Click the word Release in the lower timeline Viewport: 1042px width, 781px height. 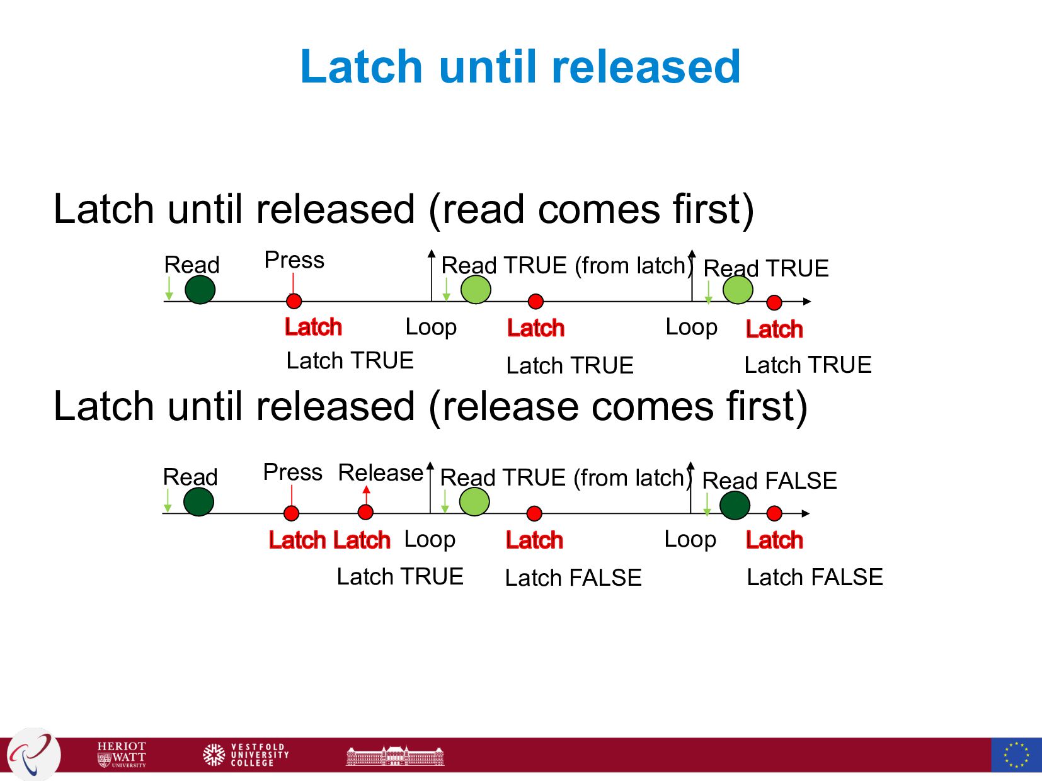[381, 472]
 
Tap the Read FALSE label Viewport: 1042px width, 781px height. [769, 481]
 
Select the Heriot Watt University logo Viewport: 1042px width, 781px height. [122, 754]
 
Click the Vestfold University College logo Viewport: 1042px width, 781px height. [246, 754]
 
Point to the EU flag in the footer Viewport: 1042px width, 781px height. [1016, 755]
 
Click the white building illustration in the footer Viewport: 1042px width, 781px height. [395, 755]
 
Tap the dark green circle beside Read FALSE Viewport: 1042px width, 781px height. [735, 505]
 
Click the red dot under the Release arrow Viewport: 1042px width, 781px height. [365, 513]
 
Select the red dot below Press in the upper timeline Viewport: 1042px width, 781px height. [294, 301]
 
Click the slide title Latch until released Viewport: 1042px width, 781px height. [520, 67]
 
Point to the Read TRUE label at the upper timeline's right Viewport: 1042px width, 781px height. [765, 268]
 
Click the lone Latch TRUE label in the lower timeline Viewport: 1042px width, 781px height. [400, 576]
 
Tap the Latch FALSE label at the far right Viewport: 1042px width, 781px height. [815, 577]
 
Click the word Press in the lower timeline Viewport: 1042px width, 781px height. [292, 472]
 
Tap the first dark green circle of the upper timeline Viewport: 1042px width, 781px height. [200, 290]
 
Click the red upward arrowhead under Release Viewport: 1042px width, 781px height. [366, 490]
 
